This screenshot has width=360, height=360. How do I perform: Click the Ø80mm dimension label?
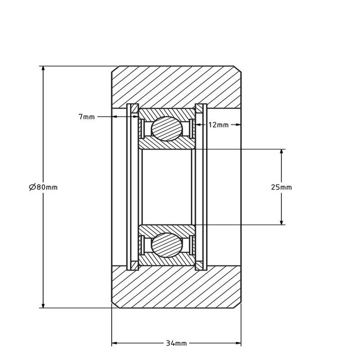pyautogui.click(x=43, y=187)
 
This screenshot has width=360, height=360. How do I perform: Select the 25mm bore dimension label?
pyautogui.click(x=281, y=187)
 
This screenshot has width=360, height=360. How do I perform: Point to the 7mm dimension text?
pyautogui.click(x=86, y=117)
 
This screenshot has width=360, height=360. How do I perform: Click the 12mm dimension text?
pyautogui.click(x=218, y=124)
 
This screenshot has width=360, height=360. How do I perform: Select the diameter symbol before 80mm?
pyautogui.click(x=32, y=187)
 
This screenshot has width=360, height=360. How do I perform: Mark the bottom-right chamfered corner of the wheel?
pyautogui.click(x=239, y=305)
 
